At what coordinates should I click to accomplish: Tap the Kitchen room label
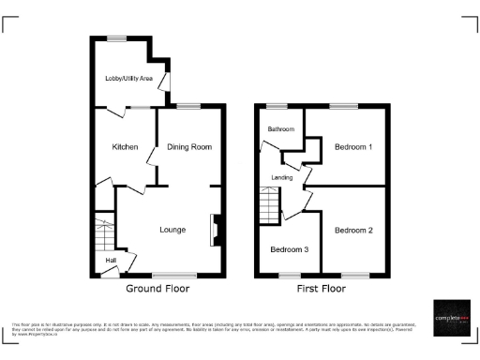126,147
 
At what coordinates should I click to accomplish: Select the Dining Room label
189,147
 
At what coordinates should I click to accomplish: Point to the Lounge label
172,230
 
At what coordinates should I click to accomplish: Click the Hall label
111,261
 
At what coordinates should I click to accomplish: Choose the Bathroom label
281,128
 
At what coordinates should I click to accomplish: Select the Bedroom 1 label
354,147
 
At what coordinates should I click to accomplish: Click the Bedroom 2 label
354,230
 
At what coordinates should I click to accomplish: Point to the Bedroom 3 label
290,249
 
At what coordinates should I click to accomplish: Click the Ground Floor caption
157,289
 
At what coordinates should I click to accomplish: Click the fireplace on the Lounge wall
215,231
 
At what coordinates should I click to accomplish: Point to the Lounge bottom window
169,275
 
